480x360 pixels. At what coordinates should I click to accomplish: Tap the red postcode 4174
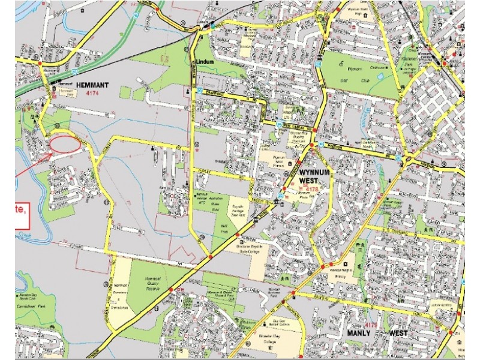(x=92, y=94)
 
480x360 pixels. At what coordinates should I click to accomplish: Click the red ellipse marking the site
(x=64, y=144)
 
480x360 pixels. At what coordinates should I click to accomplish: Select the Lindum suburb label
(x=205, y=62)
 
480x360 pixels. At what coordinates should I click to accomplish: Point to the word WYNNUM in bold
(x=313, y=172)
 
